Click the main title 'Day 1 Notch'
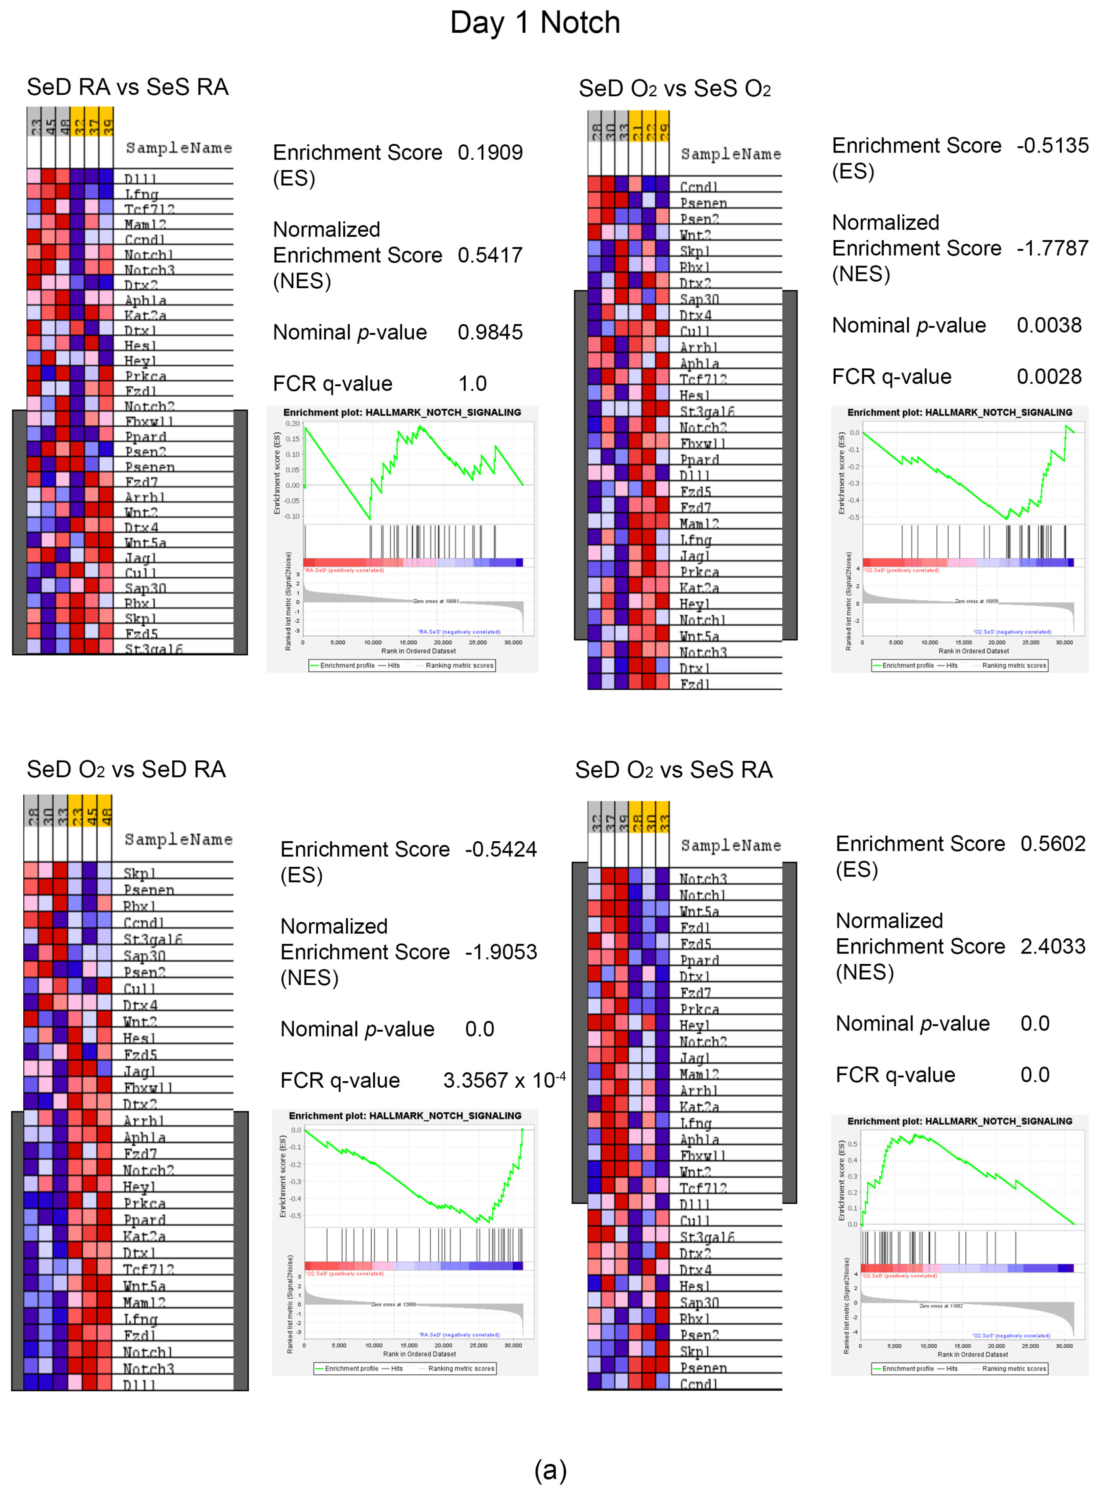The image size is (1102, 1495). [535, 23]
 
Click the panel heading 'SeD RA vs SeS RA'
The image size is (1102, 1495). [127, 87]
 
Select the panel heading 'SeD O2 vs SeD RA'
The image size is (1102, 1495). [126, 769]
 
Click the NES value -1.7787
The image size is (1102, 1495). [1052, 248]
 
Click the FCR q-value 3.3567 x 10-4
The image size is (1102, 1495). [504, 1080]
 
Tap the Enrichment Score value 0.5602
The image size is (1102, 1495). [1053, 844]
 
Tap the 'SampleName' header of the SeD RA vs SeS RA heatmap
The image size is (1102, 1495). [179, 147]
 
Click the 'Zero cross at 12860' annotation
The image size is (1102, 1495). [394, 1304]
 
